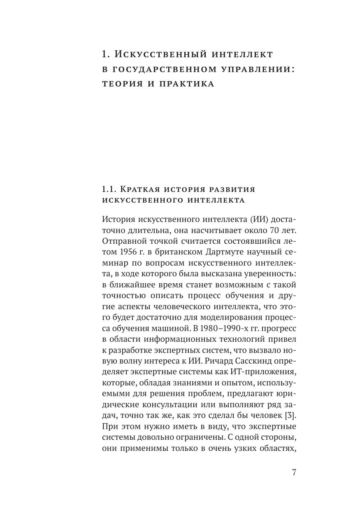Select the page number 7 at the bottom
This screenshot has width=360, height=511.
pos(294,473)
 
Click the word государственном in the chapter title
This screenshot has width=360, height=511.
pos(156,69)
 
